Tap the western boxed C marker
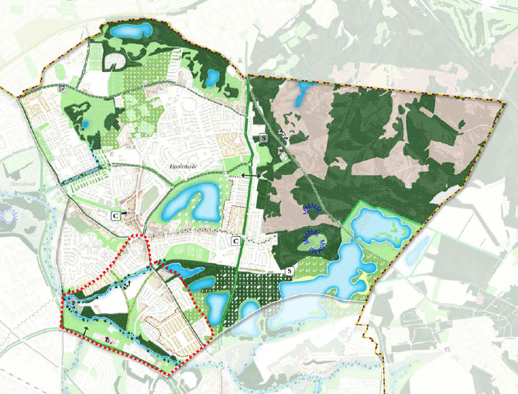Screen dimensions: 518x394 (x=115, y=214)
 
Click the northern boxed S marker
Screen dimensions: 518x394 (x=264, y=138)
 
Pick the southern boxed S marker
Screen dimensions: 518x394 (x=289, y=271)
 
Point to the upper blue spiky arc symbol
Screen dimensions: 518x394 (x=311, y=207)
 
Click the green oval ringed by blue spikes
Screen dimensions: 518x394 (x=314, y=242)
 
